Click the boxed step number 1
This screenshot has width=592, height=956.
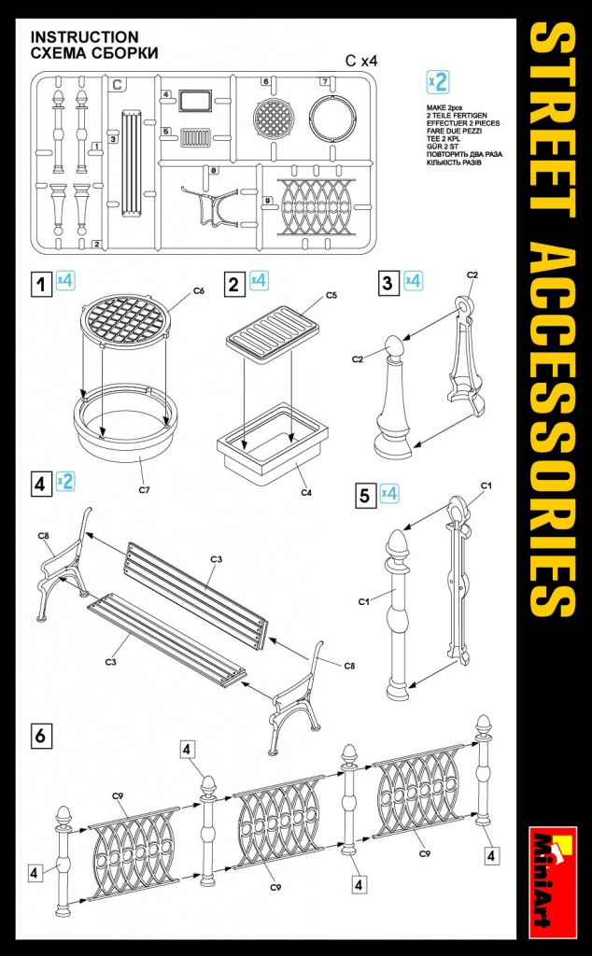[41, 284]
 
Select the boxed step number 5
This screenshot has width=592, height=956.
[364, 495]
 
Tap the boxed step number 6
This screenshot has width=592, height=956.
[40, 736]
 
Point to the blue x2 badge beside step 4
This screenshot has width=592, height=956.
[65, 482]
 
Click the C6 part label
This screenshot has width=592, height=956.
[198, 291]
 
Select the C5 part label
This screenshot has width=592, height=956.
[331, 296]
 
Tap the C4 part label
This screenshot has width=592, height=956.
[306, 492]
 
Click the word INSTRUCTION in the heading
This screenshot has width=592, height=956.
[85, 37]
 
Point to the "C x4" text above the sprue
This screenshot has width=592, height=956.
[361, 61]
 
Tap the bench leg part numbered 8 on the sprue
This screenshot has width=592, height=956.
[210, 204]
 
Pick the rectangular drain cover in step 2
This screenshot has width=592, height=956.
[272, 330]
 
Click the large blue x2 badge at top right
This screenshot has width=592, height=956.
[438, 82]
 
